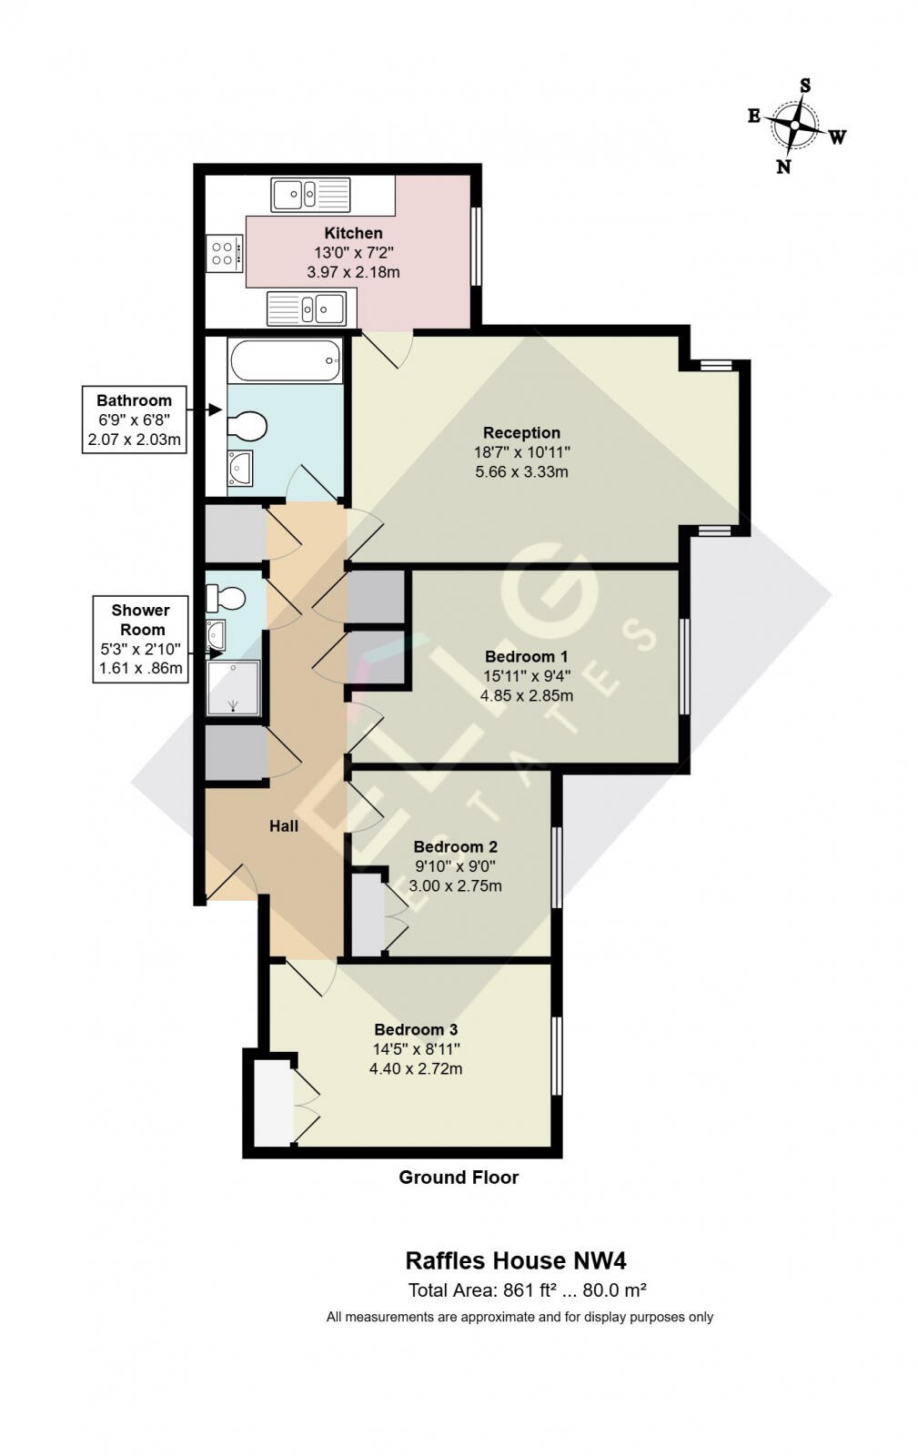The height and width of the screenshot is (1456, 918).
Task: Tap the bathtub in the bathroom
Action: tap(286, 361)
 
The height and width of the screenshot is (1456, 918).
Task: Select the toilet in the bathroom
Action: tap(247, 425)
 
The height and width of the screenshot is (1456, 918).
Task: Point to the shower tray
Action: tap(234, 688)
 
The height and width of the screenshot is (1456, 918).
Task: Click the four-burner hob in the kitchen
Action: tap(224, 253)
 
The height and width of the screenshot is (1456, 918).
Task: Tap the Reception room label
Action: tap(521, 432)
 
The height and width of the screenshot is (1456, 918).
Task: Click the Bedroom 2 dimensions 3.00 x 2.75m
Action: tap(455, 885)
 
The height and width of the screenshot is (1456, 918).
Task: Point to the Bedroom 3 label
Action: tap(416, 1029)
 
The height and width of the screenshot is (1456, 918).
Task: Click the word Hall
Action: tap(284, 826)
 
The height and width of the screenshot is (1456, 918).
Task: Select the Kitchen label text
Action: tap(353, 233)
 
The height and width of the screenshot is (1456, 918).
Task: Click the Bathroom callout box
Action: tap(134, 420)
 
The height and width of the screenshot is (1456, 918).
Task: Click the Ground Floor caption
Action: tap(459, 1177)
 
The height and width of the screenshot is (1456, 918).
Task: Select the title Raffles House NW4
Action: tap(515, 1260)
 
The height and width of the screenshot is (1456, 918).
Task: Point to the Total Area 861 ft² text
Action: tap(527, 1289)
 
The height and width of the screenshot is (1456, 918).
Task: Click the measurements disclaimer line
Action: tap(520, 1317)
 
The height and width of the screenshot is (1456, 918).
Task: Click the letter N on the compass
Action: tap(782, 167)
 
